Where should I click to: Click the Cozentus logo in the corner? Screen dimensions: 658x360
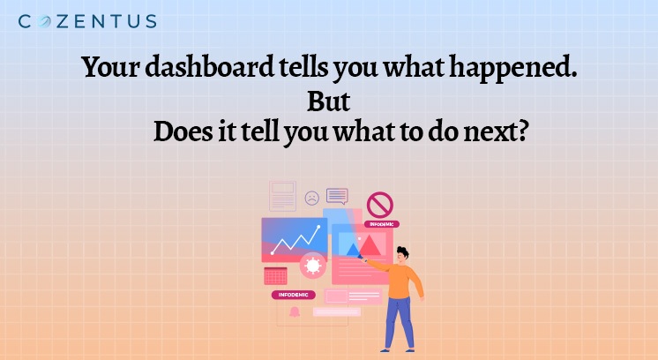(x=87, y=21)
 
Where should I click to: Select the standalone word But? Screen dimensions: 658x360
(x=329, y=101)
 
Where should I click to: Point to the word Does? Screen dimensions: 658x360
(x=183, y=131)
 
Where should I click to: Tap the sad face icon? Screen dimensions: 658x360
(x=311, y=198)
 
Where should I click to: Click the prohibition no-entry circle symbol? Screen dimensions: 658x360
(x=380, y=206)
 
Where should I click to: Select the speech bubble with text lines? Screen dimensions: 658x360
(x=337, y=196)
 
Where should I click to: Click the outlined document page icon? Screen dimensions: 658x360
(x=282, y=196)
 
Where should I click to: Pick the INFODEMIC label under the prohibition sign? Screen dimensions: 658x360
(x=381, y=224)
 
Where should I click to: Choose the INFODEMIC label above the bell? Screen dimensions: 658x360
(x=294, y=295)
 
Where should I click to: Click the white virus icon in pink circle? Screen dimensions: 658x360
(x=312, y=266)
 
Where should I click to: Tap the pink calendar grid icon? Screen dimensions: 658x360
(x=276, y=276)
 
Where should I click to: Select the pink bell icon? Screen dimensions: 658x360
(x=295, y=311)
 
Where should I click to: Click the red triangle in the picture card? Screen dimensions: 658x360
(x=370, y=245)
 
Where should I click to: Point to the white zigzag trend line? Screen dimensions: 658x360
(x=295, y=240)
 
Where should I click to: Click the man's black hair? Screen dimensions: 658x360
(x=403, y=251)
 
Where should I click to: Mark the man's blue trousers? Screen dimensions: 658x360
(x=399, y=322)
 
